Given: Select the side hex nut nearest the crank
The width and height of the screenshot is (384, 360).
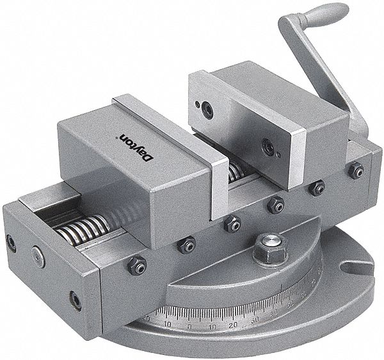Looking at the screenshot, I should (x=356, y=170).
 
